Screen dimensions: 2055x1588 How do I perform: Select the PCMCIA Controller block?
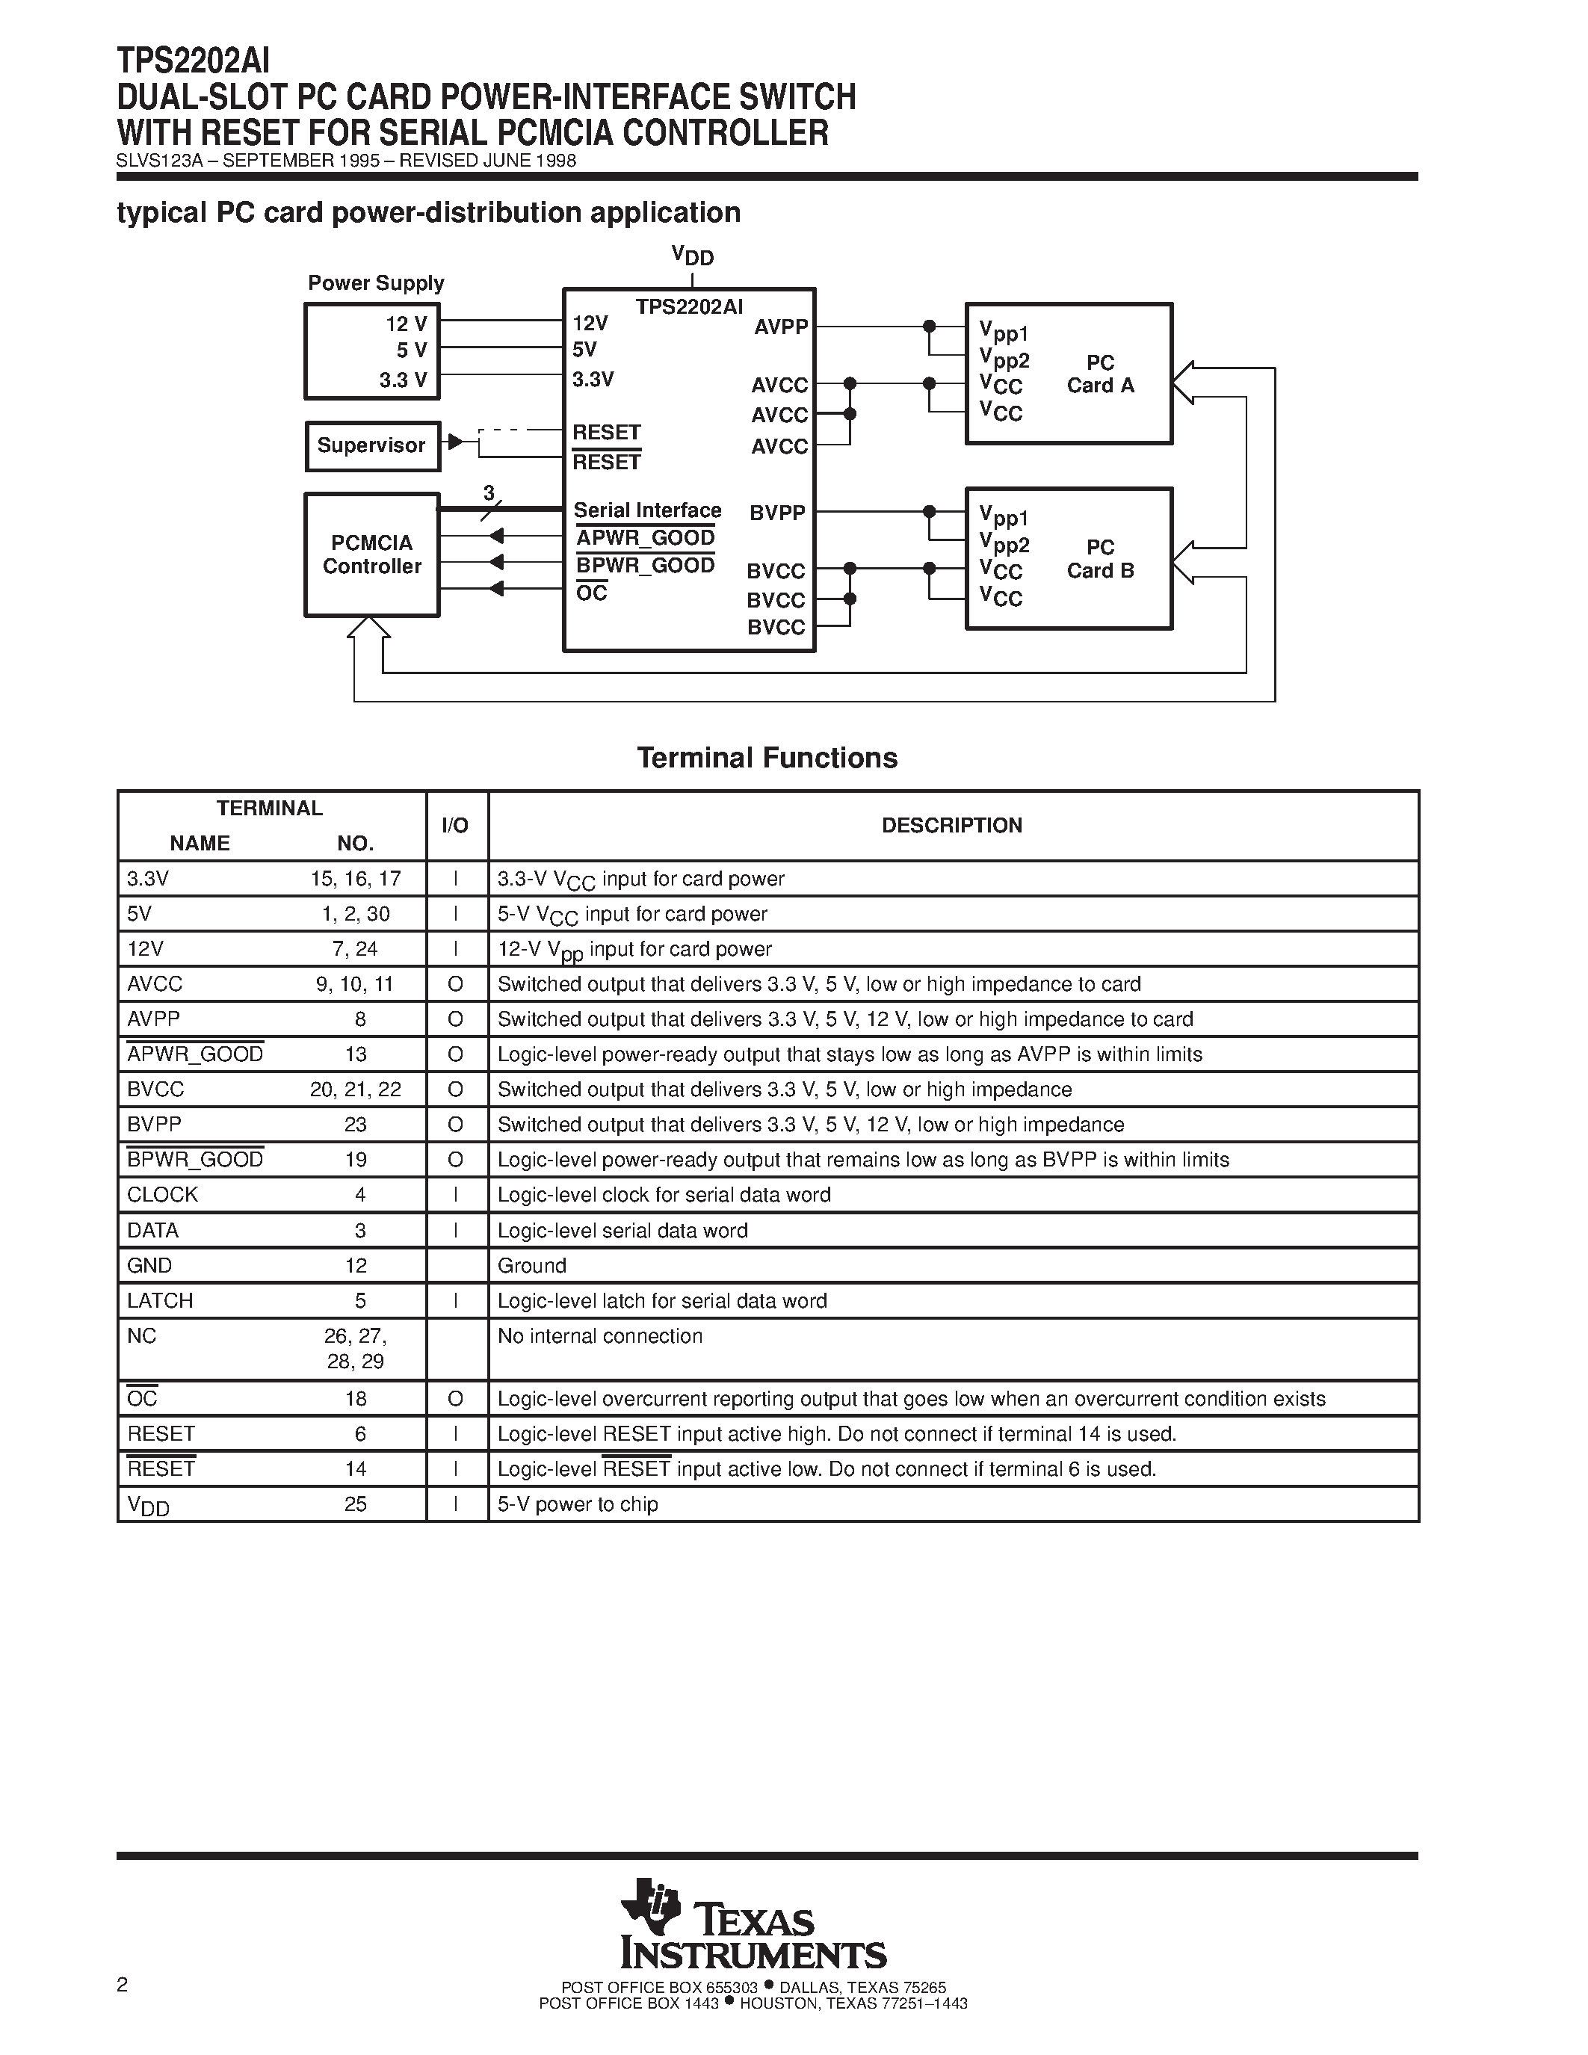[x=371, y=555]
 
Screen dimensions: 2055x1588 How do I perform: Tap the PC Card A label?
[x=1100, y=374]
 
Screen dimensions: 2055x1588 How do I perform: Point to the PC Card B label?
[x=1100, y=559]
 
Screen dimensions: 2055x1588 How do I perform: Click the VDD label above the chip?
[x=693, y=256]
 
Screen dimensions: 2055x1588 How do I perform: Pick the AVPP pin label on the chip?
[x=781, y=327]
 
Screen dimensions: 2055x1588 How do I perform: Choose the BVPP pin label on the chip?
[x=777, y=513]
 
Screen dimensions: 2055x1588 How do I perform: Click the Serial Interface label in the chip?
[x=647, y=510]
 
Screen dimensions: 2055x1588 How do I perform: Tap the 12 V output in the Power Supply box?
[x=407, y=324]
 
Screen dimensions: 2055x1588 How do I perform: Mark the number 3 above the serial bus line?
[x=488, y=493]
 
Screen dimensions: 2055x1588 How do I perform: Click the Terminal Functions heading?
[x=767, y=758]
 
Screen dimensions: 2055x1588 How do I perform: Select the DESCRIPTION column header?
[x=951, y=825]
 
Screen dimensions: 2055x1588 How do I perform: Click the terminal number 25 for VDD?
[x=356, y=1504]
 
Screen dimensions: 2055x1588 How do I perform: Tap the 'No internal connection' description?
[x=599, y=1336]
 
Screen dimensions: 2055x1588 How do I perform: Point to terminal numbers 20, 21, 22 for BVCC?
[x=356, y=1090]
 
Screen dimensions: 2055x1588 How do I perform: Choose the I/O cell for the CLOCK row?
[x=455, y=1195]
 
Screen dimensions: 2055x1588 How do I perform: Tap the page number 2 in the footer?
[x=123, y=1985]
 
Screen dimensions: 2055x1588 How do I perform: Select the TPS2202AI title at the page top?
[x=193, y=61]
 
